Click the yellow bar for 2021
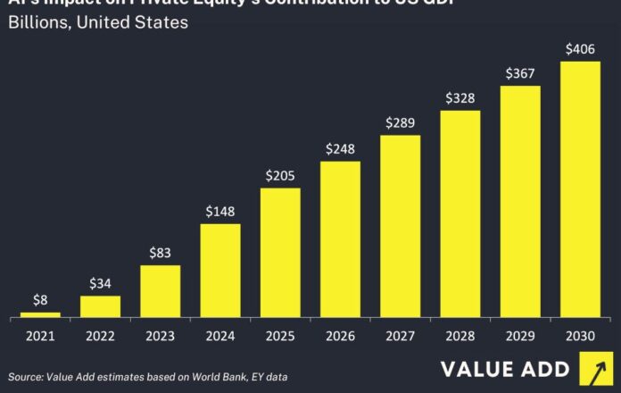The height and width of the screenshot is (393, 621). point(40,314)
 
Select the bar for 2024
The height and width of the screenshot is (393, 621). point(220,271)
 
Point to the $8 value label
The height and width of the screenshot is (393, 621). point(40,300)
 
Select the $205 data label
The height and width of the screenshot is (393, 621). point(280,176)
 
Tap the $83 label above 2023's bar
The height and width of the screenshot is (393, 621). point(161,253)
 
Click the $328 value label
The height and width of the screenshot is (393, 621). point(460,98)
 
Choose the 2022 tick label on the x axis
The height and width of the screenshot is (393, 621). point(100,337)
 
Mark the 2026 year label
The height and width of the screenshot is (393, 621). point(340,337)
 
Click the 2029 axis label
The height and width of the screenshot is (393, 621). point(520,337)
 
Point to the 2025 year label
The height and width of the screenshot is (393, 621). point(280,337)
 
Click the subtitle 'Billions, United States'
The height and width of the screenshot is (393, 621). point(98,22)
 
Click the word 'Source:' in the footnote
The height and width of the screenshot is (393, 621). point(27,376)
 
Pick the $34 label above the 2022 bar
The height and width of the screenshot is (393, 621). point(100,284)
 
